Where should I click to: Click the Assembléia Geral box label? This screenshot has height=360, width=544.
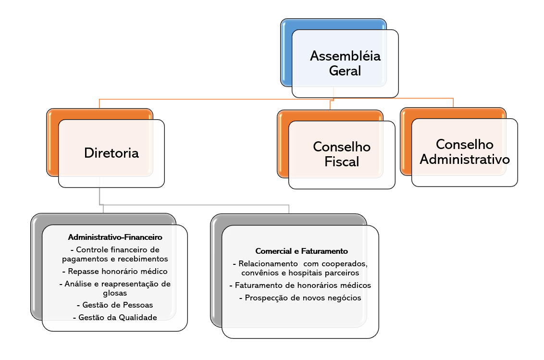tap(345, 63)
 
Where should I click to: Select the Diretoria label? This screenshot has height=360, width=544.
tap(111, 153)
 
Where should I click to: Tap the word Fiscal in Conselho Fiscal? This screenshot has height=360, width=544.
tap(342, 161)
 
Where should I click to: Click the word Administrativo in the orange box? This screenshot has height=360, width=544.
tap(465, 159)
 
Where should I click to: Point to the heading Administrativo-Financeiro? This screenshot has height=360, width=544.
tap(115, 237)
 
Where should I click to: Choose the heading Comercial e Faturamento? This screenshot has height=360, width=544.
tap(301, 251)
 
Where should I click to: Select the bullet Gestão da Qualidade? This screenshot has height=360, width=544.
tap(115, 317)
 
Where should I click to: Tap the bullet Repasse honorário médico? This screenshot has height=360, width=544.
tap(115, 271)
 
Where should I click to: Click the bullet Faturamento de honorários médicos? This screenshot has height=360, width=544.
tap(300, 285)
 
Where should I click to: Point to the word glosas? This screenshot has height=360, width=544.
tap(115, 292)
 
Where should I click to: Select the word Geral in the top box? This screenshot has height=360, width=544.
tap(345, 71)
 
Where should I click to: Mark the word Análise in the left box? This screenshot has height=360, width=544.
tap(80, 284)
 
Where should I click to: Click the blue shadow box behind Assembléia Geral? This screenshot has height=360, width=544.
tap(286, 53)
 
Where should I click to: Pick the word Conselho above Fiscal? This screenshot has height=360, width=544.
tap(342, 146)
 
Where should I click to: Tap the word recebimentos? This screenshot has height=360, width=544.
tap(143, 259)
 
